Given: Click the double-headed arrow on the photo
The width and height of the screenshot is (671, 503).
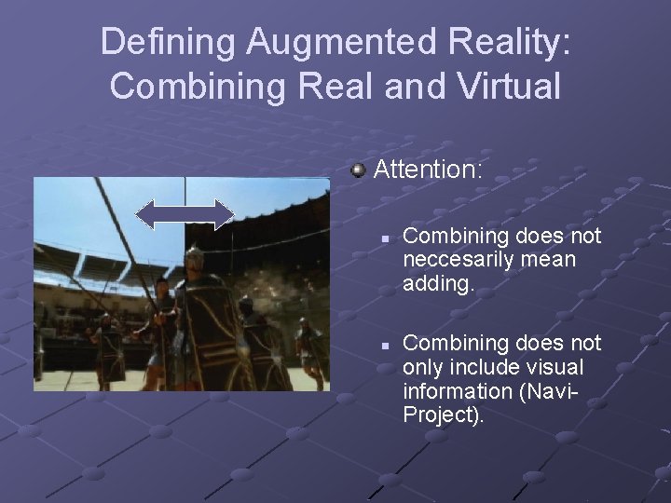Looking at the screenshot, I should [x=185, y=214].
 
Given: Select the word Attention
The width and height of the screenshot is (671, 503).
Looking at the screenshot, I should [x=428, y=170].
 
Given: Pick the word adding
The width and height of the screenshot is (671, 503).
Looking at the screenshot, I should [x=439, y=283].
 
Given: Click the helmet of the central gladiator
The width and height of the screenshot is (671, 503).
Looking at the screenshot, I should [x=194, y=259].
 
